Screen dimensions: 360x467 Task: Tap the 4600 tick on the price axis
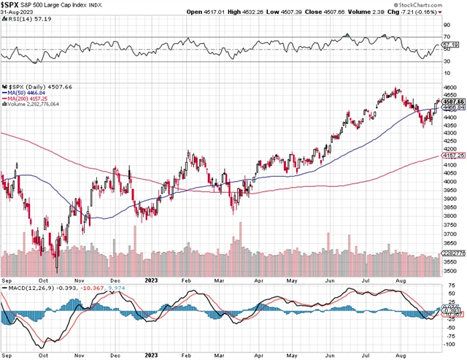tap(449, 88)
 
